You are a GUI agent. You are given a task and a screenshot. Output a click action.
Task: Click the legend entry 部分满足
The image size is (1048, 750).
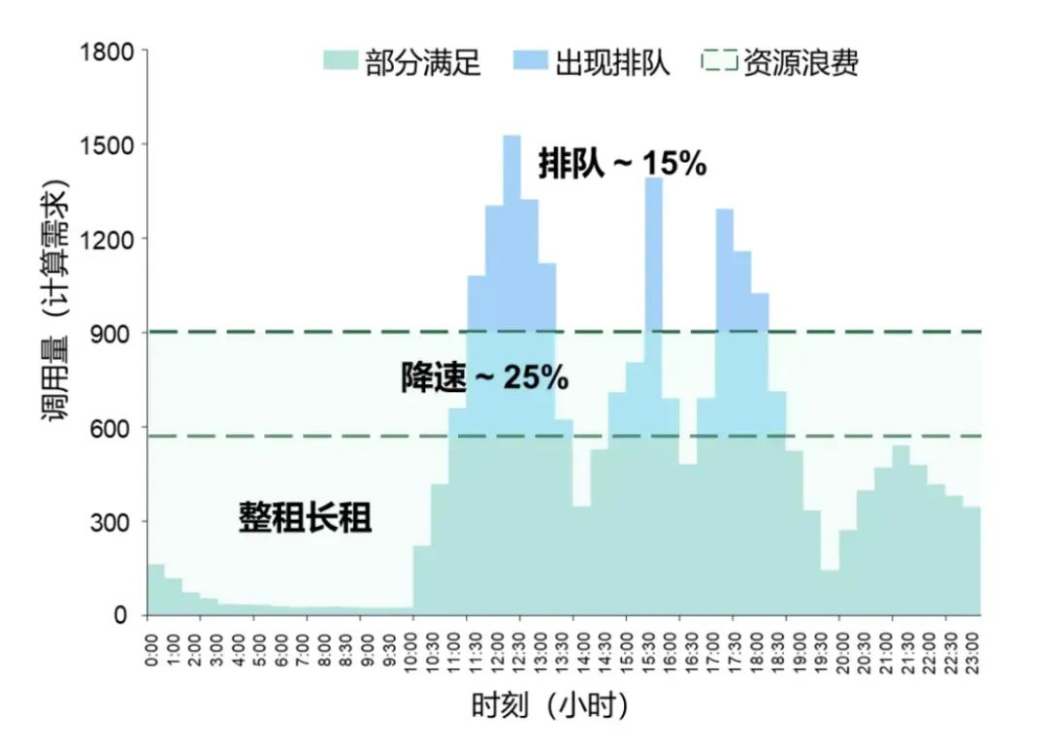(422, 63)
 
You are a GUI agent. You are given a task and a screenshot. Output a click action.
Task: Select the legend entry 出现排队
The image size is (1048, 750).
(611, 63)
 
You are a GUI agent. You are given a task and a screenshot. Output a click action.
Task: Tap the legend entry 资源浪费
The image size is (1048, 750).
(801, 63)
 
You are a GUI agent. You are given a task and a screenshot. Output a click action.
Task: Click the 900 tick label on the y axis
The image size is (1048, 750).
(115, 333)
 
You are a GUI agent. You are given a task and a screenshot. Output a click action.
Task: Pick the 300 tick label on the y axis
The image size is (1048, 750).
(115, 521)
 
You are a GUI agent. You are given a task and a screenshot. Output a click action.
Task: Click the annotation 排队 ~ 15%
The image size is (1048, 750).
(622, 165)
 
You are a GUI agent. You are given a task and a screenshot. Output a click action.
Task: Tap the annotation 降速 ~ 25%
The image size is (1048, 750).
(484, 377)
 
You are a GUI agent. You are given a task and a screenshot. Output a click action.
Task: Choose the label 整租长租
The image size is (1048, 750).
(306, 518)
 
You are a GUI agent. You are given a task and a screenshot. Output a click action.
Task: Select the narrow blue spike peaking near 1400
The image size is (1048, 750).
(653, 252)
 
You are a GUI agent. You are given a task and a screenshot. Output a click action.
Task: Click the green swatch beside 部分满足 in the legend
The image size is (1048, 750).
(340, 63)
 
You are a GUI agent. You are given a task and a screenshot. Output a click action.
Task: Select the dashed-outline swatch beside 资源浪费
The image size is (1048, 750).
(719, 63)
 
